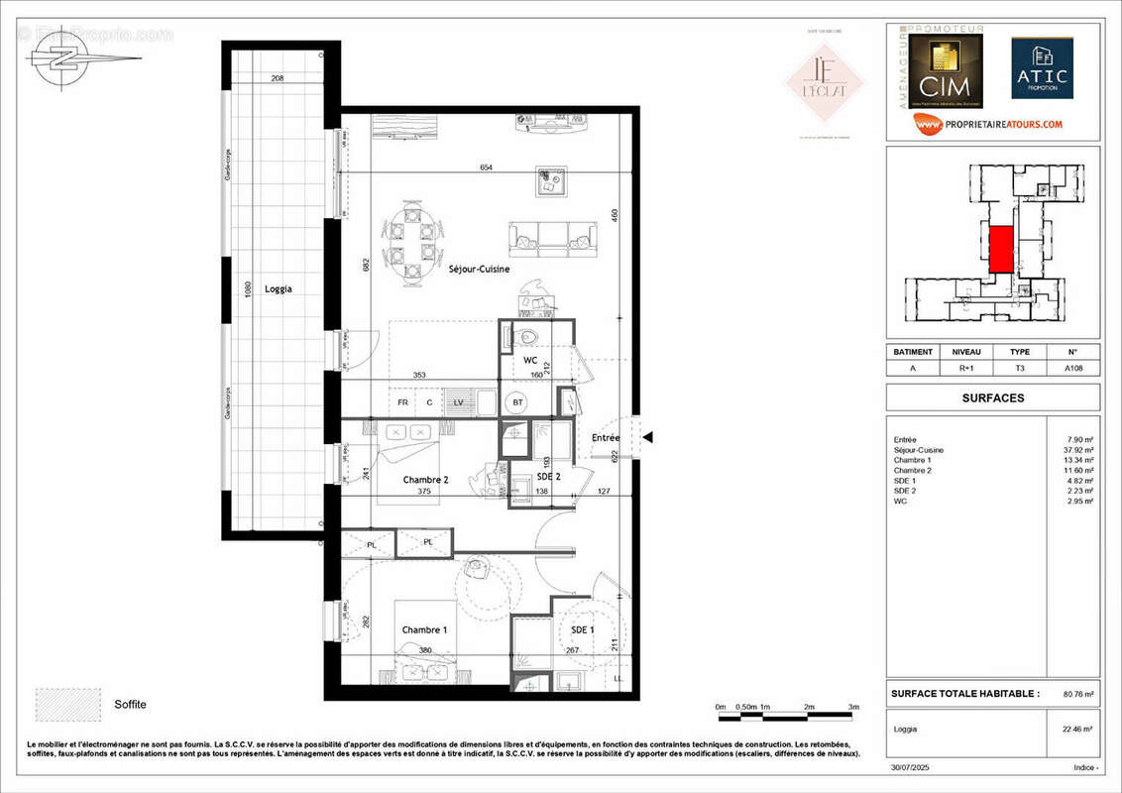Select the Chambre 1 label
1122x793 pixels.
pos(424,630)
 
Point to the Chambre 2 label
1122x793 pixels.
pos(425,480)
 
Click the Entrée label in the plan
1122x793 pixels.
pos(606,437)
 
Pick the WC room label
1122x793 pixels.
pos(530,360)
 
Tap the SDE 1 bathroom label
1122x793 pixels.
pos(583,630)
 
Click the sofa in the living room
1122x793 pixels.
pos(554,238)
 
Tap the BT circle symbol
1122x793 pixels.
pos(516,402)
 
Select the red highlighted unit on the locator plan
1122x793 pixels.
pos(1001,249)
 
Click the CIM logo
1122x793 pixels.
pos(944,72)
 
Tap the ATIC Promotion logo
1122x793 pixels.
pos(1042,68)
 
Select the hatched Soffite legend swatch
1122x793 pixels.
pos(68,704)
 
